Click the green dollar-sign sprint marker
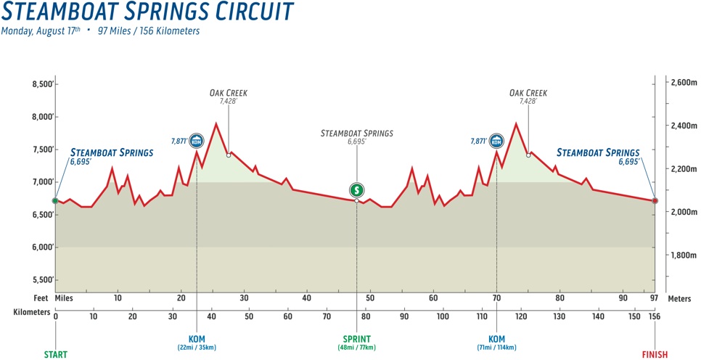[x=356, y=190]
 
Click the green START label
[x=55, y=355]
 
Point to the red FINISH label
[x=655, y=355]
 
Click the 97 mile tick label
[x=655, y=298]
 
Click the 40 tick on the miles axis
[x=307, y=298]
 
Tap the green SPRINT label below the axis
[x=356, y=339]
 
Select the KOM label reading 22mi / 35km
[x=197, y=343]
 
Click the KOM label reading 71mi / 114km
[x=496, y=343]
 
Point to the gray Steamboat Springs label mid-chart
[x=356, y=134]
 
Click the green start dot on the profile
[x=55, y=200]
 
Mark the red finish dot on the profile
[x=655, y=200]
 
